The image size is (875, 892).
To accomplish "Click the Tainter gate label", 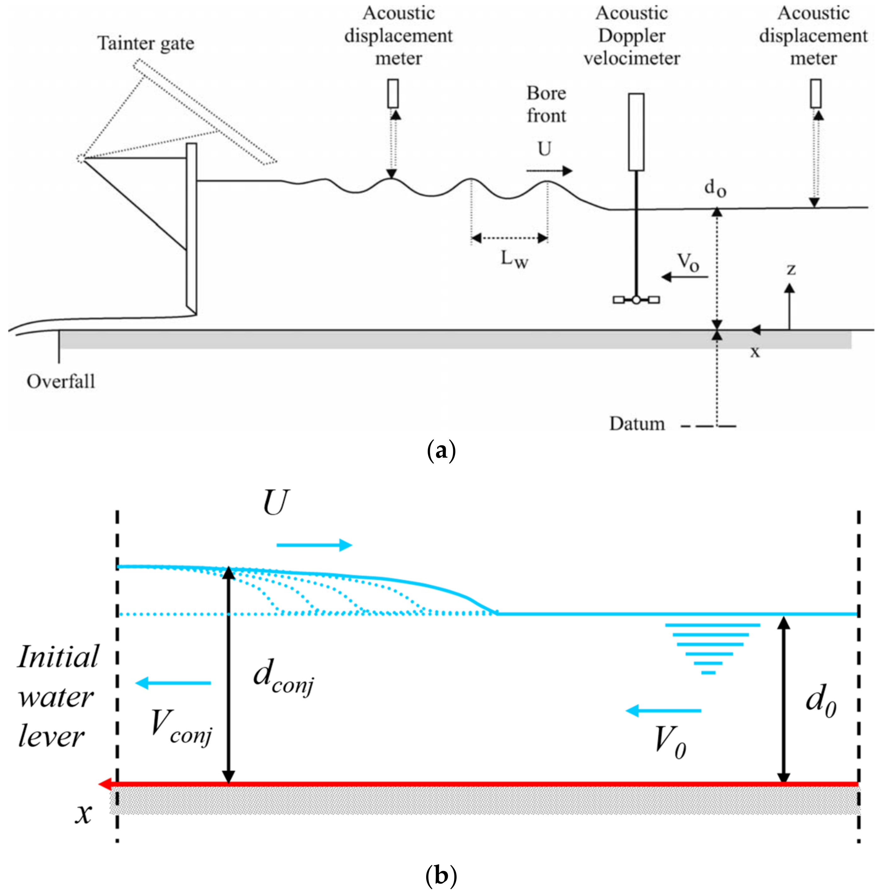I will point(146,44).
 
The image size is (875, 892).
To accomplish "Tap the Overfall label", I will point(61,382).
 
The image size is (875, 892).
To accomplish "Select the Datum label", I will point(637,423).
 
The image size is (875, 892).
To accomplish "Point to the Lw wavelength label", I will point(514,260).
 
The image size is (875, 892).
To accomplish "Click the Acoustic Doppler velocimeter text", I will point(631,36).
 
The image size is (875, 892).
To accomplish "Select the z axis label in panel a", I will point(791,269).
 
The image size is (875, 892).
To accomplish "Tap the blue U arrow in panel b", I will point(314,545).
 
